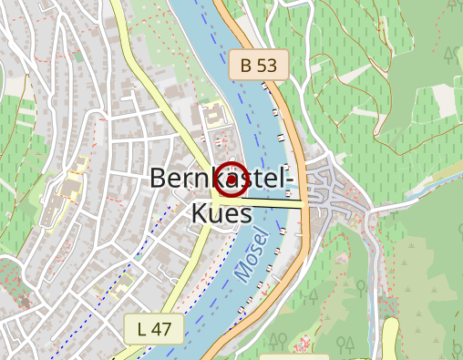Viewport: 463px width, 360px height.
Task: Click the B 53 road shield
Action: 258,65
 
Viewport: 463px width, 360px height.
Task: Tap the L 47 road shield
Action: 154,328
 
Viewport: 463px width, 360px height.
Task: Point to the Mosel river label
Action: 252,254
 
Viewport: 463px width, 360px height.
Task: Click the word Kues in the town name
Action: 221,212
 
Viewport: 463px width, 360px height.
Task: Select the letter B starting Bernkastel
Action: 158,178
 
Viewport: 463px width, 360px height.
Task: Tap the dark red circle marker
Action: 231,180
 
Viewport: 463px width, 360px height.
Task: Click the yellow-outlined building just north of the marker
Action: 215,116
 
